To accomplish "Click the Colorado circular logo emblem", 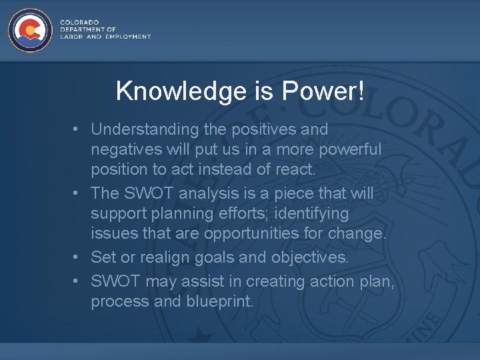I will (30, 30).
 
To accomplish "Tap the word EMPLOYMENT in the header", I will (128, 37).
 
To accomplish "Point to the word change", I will (361, 234).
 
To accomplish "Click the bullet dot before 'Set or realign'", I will (77, 257).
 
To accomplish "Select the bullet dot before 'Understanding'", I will (77, 129).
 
